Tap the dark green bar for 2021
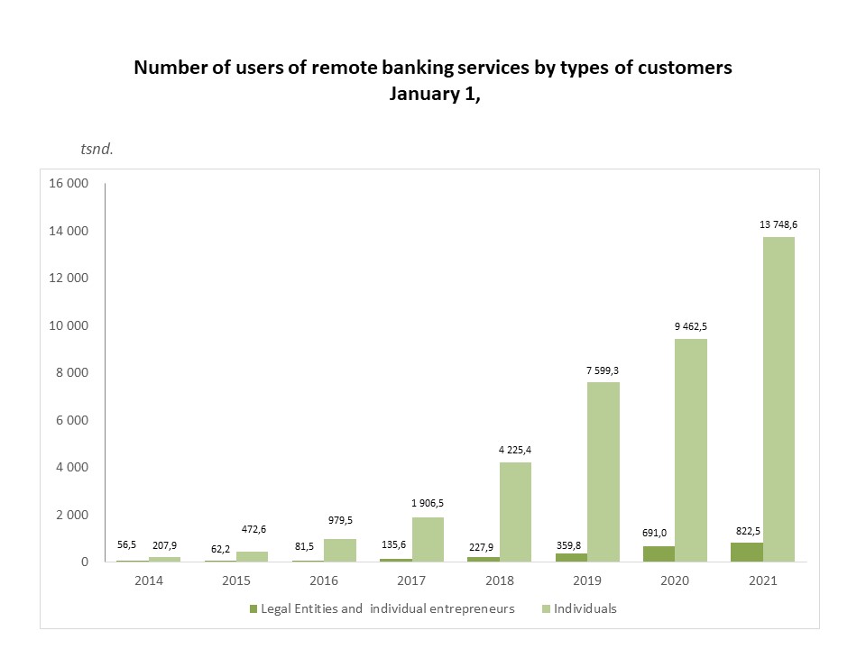(x=747, y=552)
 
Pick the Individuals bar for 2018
(x=516, y=511)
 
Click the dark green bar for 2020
(x=659, y=553)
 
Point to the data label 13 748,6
(x=778, y=224)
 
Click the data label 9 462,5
(x=690, y=326)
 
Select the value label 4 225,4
(x=515, y=449)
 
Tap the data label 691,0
(x=659, y=533)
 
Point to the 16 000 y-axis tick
(x=69, y=184)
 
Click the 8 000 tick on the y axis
(x=72, y=373)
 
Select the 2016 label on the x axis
(x=324, y=581)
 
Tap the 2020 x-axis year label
(x=674, y=581)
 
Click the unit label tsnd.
(x=97, y=149)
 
